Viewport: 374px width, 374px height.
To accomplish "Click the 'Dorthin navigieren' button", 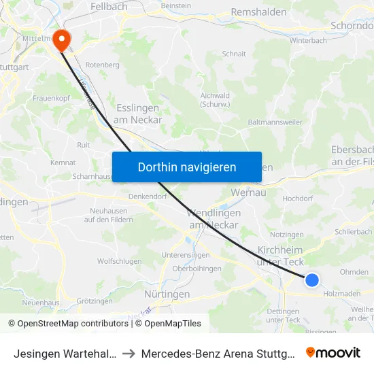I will pos(187,167).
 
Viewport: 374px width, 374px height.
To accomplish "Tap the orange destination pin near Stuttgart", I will pos(62,39).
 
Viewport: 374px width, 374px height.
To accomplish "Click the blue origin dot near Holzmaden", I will pos(312,279).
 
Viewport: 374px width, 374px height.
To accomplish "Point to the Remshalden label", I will pos(260,12).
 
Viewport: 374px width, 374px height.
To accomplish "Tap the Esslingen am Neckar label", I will pos(139,114).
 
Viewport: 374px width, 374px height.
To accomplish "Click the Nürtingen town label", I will pos(167,294).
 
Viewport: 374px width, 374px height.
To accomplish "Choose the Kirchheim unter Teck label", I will pos(280,256).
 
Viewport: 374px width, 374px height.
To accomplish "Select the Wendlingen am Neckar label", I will pos(214,218).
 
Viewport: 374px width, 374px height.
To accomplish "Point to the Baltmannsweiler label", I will pos(275,122).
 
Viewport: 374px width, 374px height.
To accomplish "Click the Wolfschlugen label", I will pos(119,261).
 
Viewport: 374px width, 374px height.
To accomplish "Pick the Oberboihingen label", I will pos(197,268).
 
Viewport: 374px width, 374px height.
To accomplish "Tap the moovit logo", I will pos(333,352).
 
